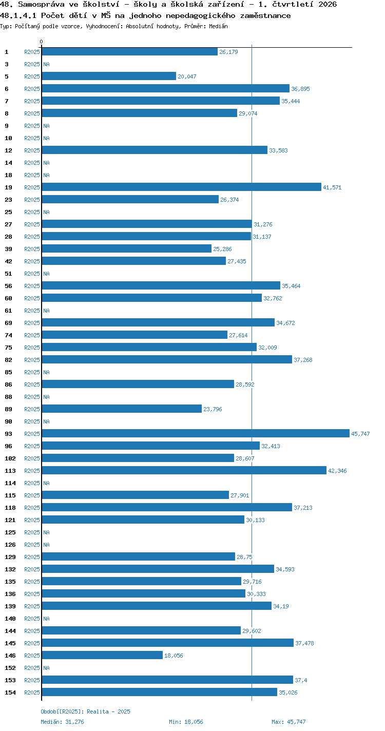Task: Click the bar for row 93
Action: point(196,433)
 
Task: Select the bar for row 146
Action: point(103,655)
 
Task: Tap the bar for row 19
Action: point(182,187)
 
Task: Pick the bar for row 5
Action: point(109,76)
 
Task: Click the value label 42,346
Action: point(337,471)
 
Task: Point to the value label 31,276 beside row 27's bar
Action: point(263,224)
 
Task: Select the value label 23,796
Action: point(213,409)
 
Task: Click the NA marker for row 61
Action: point(46,311)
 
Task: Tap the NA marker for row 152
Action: point(46,667)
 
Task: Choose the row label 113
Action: point(10,471)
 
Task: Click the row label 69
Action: point(9,323)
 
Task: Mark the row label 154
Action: point(10,692)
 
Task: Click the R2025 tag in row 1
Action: point(32,51)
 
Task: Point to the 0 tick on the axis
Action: point(42,42)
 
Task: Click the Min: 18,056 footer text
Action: point(186,722)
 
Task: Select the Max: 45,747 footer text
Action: point(288,722)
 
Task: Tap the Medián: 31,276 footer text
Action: point(62,722)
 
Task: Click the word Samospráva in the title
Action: point(41,4)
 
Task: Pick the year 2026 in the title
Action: point(328,4)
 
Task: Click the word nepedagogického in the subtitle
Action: point(200,15)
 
